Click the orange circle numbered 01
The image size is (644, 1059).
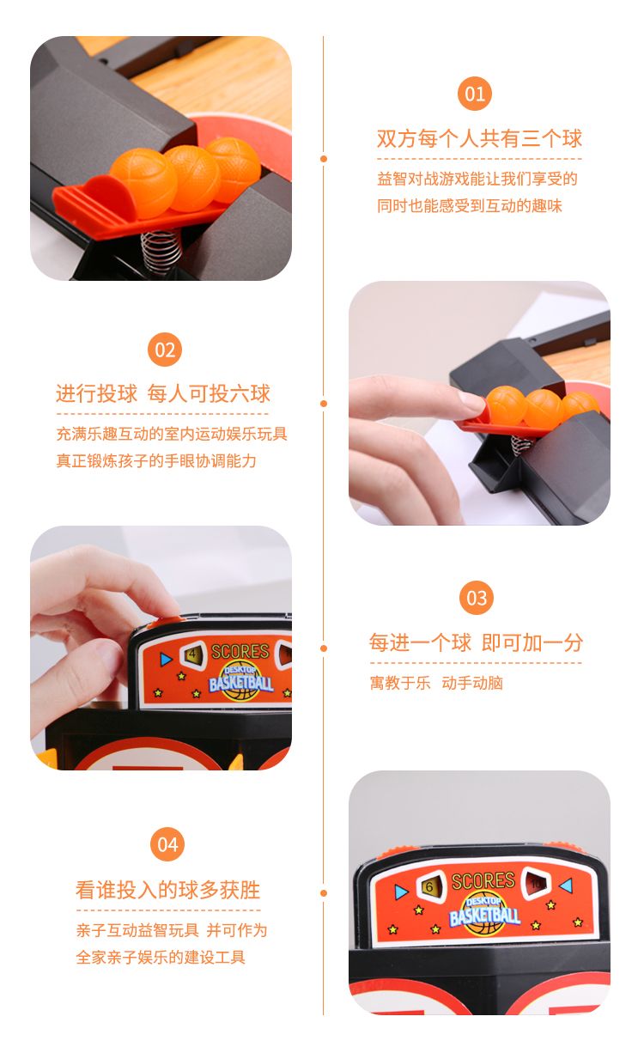tap(474, 94)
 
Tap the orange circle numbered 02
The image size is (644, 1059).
tap(164, 350)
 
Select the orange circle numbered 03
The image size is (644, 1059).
tap(477, 598)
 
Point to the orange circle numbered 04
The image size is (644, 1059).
tap(167, 844)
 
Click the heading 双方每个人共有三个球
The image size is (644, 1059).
tap(479, 138)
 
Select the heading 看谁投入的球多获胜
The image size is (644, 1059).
tap(167, 890)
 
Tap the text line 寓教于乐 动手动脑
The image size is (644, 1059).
tap(436, 683)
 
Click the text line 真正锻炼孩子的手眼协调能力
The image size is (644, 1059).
tap(156, 460)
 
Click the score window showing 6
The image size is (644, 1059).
tap(431, 886)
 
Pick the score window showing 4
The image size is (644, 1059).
tap(193, 654)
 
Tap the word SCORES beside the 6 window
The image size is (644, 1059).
tap(483, 880)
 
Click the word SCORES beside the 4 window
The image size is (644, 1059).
tap(240, 652)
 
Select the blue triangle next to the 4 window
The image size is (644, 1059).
tap(166, 659)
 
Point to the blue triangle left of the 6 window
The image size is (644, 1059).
tap(401, 892)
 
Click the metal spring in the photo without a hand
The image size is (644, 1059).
tap(161, 252)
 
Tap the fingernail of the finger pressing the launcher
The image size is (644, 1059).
tap(471, 401)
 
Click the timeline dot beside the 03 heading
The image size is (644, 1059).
tap(324, 648)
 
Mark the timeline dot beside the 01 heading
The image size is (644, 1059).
tap(324, 159)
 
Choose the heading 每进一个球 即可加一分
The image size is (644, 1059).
tap(476, 642)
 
